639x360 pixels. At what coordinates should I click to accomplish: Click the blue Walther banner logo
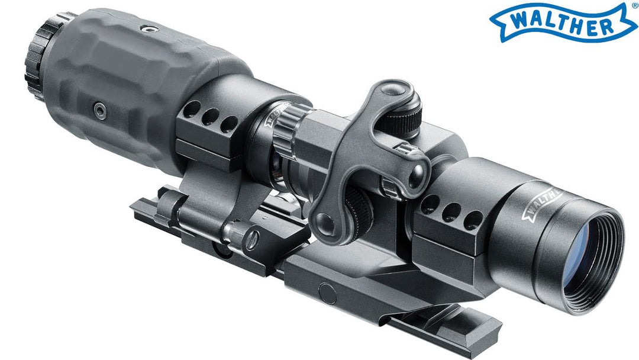coord(563,22)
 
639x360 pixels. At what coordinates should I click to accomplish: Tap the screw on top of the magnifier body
coord(150,28)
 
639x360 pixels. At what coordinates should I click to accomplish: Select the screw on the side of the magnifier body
coord(100,111)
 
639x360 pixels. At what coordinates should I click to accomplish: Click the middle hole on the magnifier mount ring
coord(210,117)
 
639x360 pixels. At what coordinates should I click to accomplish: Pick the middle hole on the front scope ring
coord(451,213)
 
